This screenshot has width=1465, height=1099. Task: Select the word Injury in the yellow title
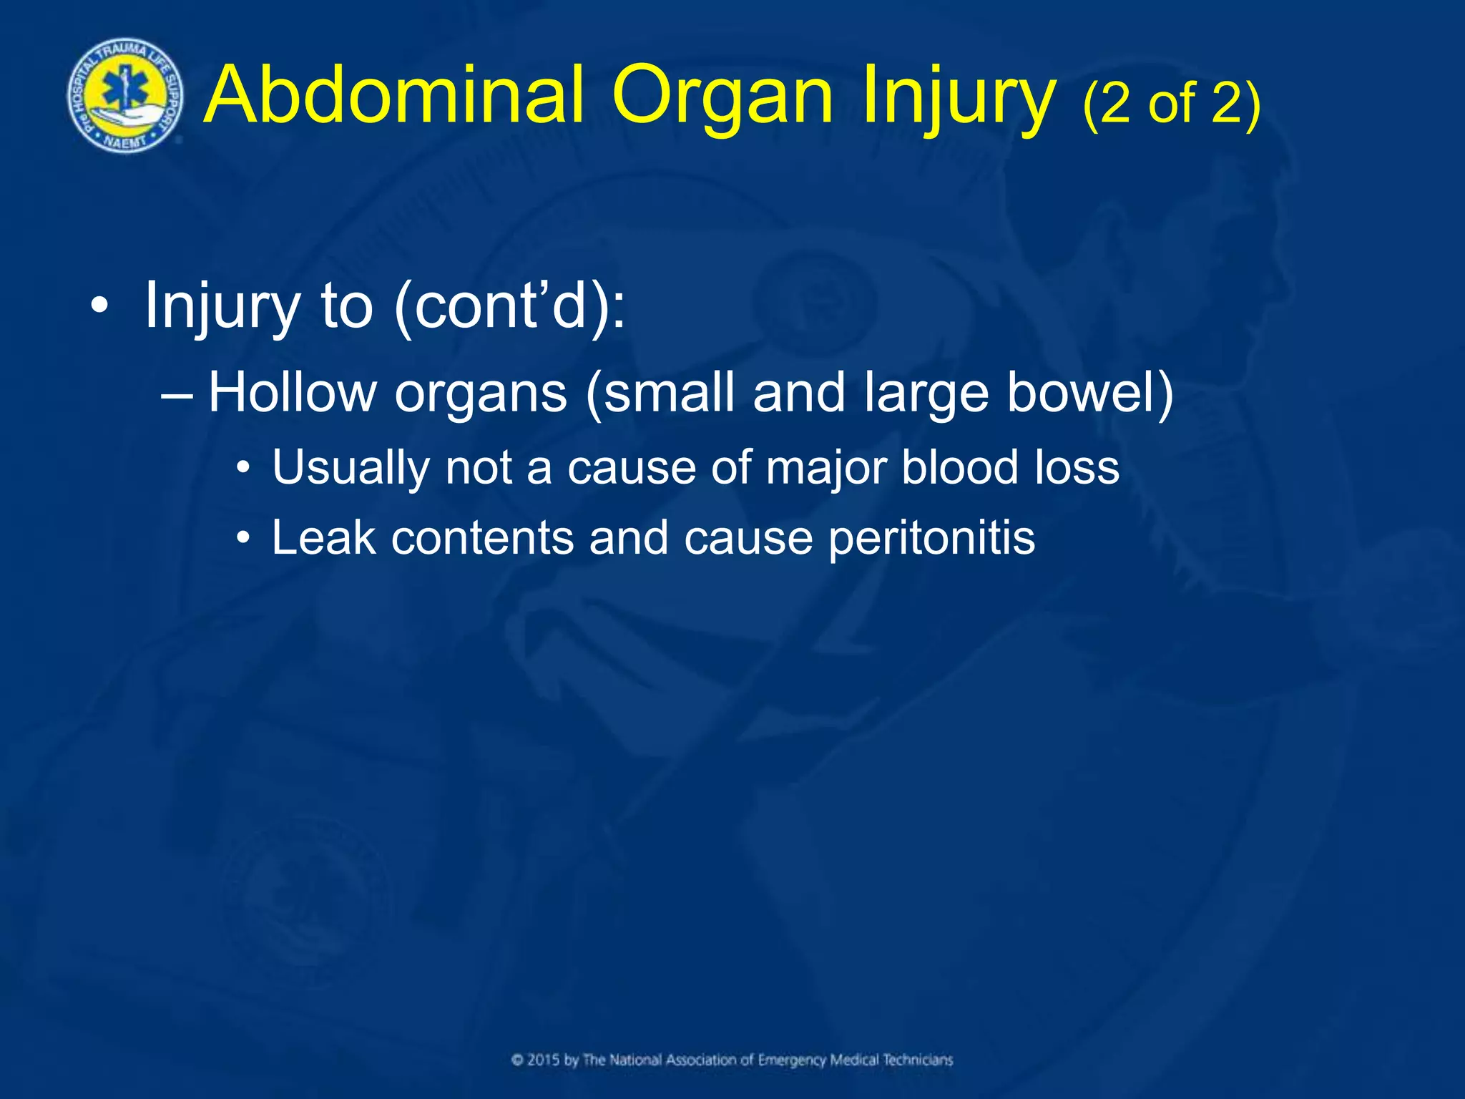pyautogui.click(x=959, y=100)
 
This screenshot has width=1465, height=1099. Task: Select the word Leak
pyautogui.click(x=323, y=537)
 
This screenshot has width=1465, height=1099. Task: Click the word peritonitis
pyautogui.click(x=931, y=539)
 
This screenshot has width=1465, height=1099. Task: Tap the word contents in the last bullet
pyautogui.click(x=482, y=537)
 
